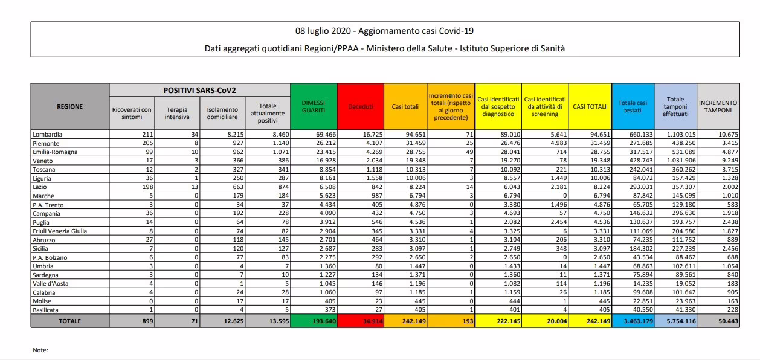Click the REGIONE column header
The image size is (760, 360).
point(70,106)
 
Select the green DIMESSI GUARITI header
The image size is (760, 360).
point(313,106)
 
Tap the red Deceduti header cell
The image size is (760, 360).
point(361,107)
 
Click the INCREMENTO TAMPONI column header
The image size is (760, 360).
point(718,107)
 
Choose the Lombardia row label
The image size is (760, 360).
point(48,135)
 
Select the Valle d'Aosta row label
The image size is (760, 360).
point(50,283)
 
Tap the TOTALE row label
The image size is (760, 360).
point(69,321)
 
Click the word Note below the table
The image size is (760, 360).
point(40,350)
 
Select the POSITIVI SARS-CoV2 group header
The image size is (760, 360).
point(199,90)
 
